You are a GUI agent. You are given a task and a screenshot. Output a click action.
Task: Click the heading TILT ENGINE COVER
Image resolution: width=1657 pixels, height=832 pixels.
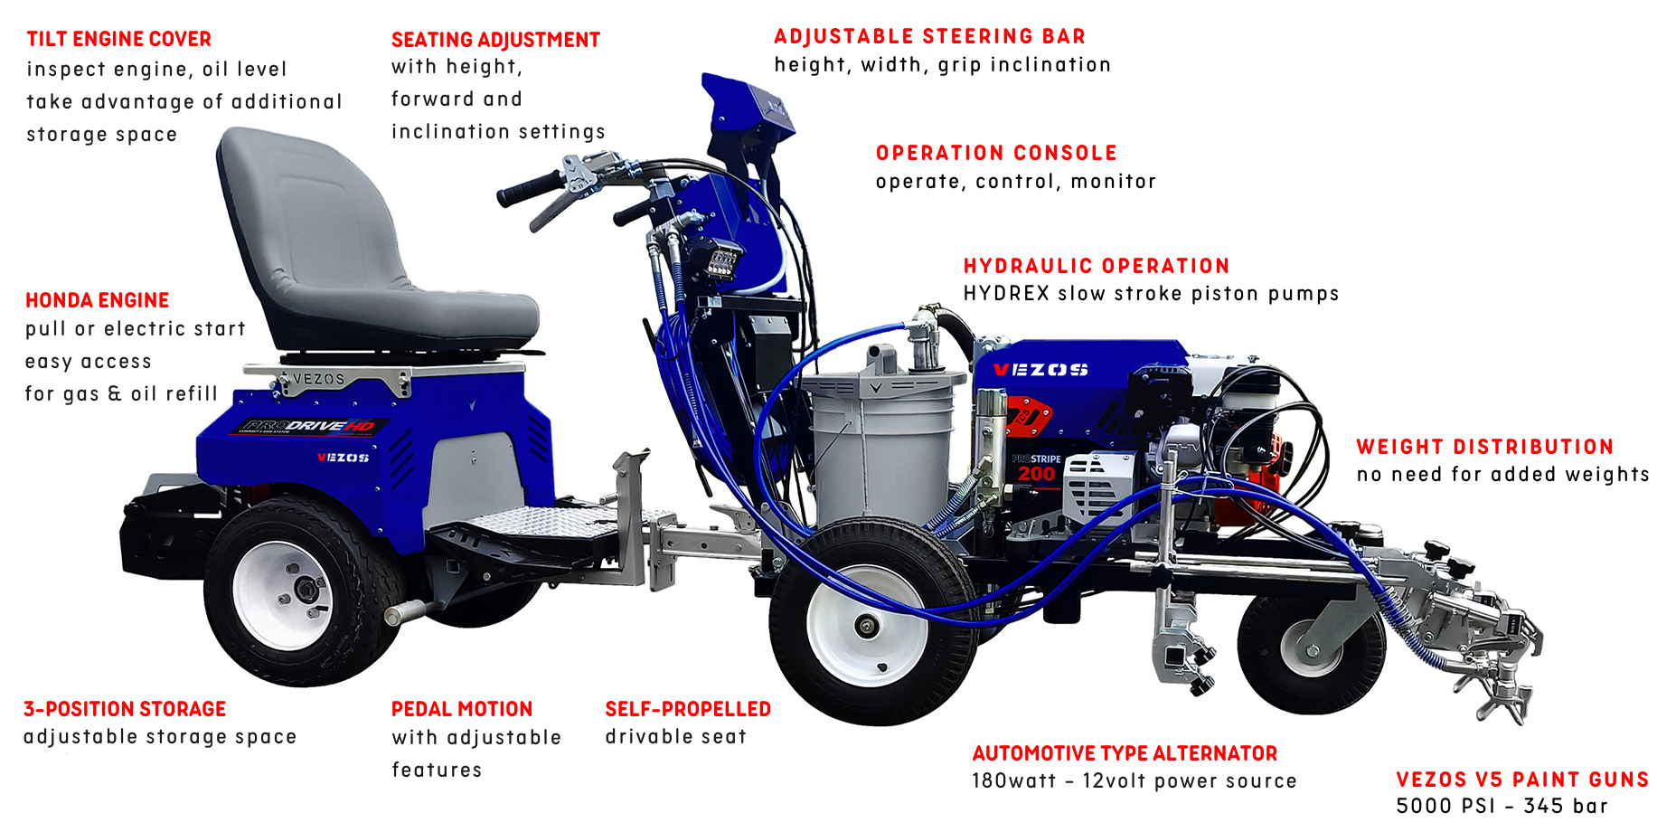[118, 39]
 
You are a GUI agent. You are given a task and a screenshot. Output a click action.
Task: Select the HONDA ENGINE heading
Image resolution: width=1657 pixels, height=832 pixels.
[98, 300]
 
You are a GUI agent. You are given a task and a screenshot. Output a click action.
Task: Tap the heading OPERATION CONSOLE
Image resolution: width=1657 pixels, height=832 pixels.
[996, 153]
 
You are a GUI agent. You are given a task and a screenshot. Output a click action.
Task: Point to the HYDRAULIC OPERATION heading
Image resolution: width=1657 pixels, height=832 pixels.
[1097, 266]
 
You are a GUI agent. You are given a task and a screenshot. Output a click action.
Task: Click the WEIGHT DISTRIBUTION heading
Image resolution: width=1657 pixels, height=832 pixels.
[1485, 447]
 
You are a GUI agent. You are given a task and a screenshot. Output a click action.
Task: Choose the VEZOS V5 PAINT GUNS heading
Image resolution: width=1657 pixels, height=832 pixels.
[1522, 780]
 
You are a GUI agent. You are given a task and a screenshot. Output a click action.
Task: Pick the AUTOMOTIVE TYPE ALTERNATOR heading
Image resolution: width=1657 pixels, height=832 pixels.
[1125, 753]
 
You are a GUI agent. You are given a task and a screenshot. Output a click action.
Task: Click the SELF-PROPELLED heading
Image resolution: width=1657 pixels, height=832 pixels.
[688, 709]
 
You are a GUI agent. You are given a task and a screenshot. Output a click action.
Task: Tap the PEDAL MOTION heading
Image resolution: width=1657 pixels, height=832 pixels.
[462, 709]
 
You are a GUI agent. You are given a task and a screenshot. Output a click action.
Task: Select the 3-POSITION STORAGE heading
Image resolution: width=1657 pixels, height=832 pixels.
[125, 709]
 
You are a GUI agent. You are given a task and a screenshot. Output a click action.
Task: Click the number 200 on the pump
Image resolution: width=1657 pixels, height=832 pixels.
[1036, 474]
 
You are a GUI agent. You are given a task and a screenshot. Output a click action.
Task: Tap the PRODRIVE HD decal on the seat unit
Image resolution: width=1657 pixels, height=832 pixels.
[308, 427]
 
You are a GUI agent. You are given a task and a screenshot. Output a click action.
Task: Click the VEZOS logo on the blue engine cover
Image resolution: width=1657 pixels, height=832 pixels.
[1040, 370]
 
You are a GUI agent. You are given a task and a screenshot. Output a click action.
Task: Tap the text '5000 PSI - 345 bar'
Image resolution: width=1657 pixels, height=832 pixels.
[1502, 806]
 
